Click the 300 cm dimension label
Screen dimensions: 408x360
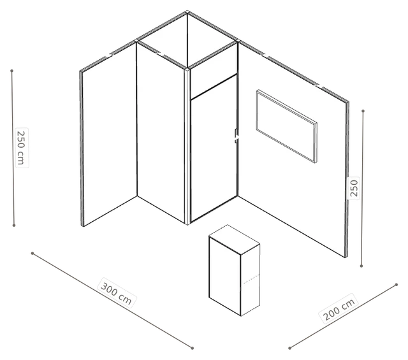116,293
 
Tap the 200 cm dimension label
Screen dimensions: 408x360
339,309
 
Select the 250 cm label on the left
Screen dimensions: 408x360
22,147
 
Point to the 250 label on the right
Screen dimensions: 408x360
354,189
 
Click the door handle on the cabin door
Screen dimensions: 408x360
237,136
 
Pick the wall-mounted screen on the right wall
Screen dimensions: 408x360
287,126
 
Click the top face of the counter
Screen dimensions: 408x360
234,240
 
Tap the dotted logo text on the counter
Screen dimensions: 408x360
251,278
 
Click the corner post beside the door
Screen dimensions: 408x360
187,146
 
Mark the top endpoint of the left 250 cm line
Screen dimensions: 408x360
11,71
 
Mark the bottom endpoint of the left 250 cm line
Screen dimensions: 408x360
14,226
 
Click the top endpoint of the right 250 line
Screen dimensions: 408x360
363,111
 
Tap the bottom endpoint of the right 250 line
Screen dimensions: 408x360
361,266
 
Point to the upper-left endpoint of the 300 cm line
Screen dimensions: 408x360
33,253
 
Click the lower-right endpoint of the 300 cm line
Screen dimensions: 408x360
193,348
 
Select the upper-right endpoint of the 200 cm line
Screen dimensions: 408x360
397,285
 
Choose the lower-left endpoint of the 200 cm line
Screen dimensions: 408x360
289,348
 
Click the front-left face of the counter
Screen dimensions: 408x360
225,277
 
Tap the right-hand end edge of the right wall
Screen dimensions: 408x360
347,180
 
